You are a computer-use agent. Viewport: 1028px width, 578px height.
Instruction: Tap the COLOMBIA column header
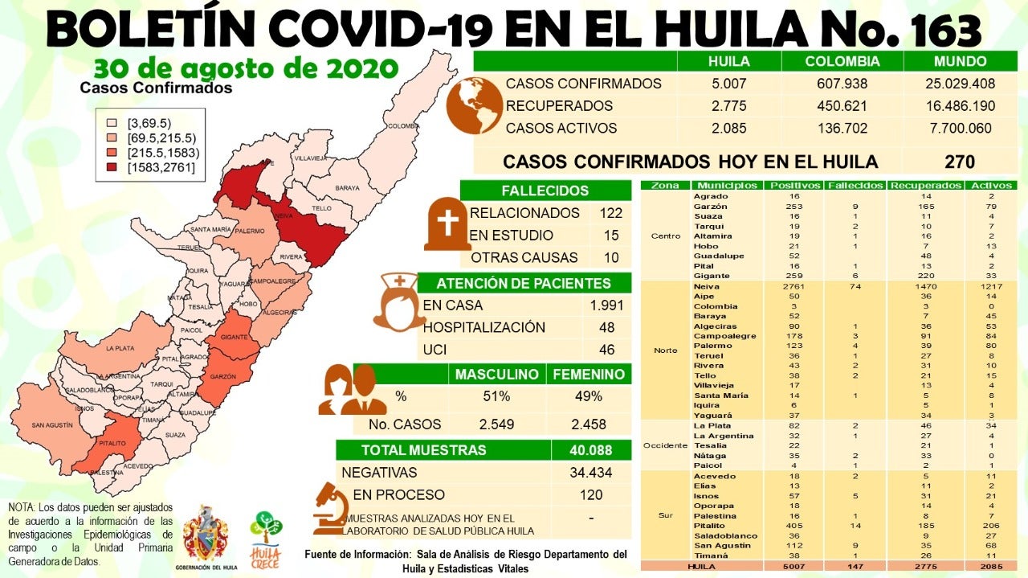pyautogui.click(x=842, y=61)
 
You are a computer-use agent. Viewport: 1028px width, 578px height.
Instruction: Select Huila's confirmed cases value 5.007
pyautogui.click(x=728, y=84)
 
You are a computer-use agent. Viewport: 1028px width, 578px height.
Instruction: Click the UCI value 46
pyautogui.click(x=606, y=350)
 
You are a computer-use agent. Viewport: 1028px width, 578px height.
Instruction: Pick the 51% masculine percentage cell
pyautogui.click(x=496, y=396)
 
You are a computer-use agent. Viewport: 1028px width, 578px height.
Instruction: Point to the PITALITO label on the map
pyautogui.click(x=112, y=443)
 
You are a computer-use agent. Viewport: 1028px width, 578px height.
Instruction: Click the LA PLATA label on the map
pyautogui.click(x=120, y=349)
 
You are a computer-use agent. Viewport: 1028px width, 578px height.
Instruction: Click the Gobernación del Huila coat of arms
pyautogui.click(x=206, y=535)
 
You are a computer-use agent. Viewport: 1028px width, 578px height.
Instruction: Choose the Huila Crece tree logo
pyautogui.click(x=266, y=536)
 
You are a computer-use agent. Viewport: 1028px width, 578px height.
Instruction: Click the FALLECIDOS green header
pyautogui.click(x=545, y=191)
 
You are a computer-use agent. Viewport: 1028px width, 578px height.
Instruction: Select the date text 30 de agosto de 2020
pyautogui.click(x=246, y=68)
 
